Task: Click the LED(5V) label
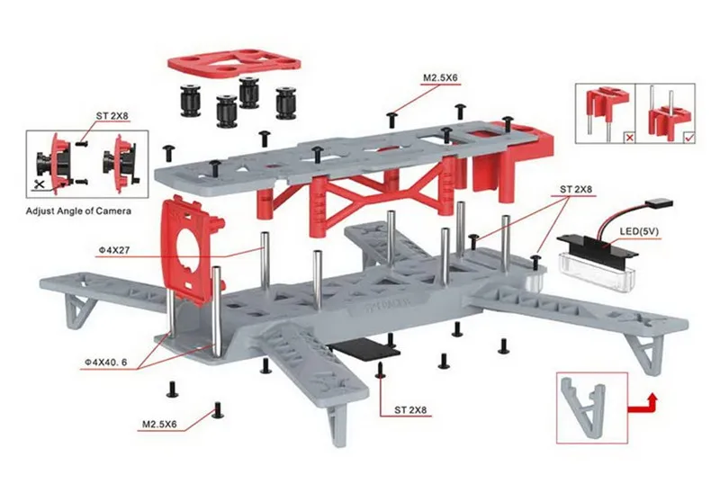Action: click(x=639, y=231)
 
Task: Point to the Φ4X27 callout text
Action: click(x=113, y=250)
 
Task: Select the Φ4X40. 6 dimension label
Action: click(x=105, y=363)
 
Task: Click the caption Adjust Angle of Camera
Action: click(x=78, y=211)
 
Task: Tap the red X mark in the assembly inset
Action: click(x=629, y=137)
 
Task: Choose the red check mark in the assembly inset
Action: click(x=689, y=137)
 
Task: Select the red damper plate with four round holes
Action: click(x=234, y=63)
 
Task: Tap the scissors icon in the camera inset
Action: click(x=40, y=184)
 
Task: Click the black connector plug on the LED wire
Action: click(x=659, y=204)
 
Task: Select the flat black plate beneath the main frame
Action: click(x=365, y=347)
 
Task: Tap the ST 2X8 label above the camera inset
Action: click(x=112, y=116)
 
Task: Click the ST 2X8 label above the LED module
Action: click(x=576, y=189)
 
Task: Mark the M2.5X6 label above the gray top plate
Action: click(x=440, y=78)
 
